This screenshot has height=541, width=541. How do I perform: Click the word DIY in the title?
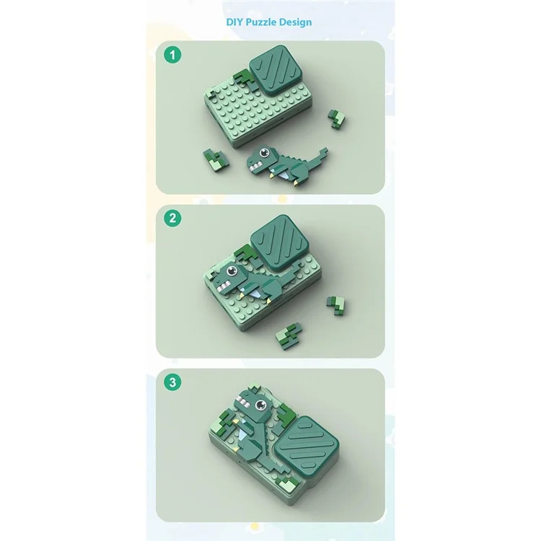click(x=234, y=22)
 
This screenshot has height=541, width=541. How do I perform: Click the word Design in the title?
click(x=295, y=22)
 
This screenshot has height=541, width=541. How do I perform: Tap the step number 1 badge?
click(x=172, y=55)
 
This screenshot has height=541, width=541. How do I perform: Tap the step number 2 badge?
click(x=172, y=219)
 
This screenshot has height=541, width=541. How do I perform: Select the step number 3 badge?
click(x=172, y=382)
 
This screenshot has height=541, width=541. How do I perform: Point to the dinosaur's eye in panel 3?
click(x=260, y=405)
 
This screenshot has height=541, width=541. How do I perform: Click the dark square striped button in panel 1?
click(x=276, y=71)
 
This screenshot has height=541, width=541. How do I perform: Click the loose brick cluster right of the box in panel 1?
click(x=337, y=119)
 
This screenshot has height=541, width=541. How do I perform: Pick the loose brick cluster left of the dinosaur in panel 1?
click(x=216, y=161)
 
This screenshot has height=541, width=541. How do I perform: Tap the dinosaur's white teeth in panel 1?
click(x=255, y=167)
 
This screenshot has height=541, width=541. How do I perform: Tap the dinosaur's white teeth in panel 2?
click(x=223, y=286)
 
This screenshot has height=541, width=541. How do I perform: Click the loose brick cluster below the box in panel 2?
click(x=289, y=335)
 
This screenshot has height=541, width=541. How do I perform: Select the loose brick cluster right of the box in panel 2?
click(x=336, y=306)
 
